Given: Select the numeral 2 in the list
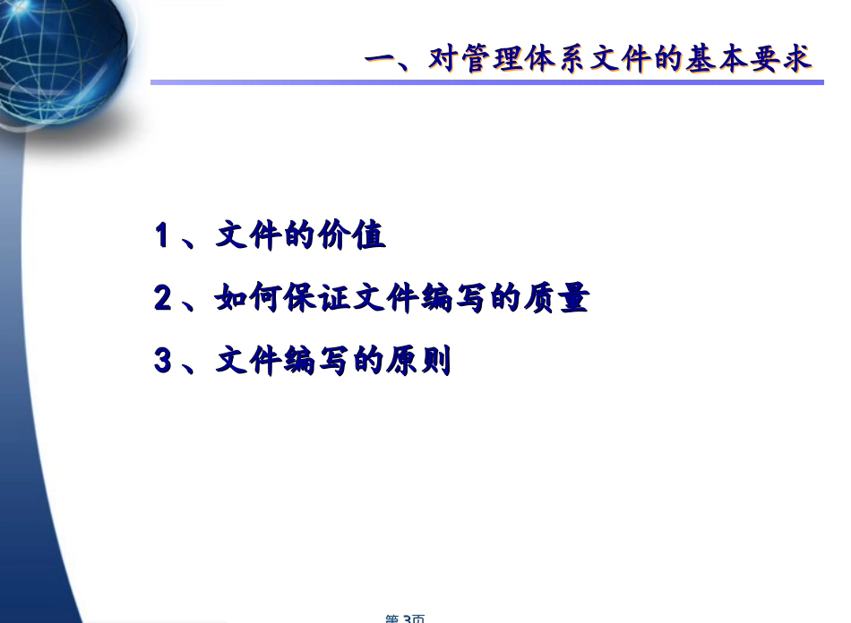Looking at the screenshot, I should pos(162,299).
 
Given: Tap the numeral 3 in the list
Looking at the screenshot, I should pos(162,362).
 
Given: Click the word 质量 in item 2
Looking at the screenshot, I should pos(560,299).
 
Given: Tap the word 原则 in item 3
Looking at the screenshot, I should pos(421,362).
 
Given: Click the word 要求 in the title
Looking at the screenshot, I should pos(780,61).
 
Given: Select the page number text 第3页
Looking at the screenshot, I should pos(404,618).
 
